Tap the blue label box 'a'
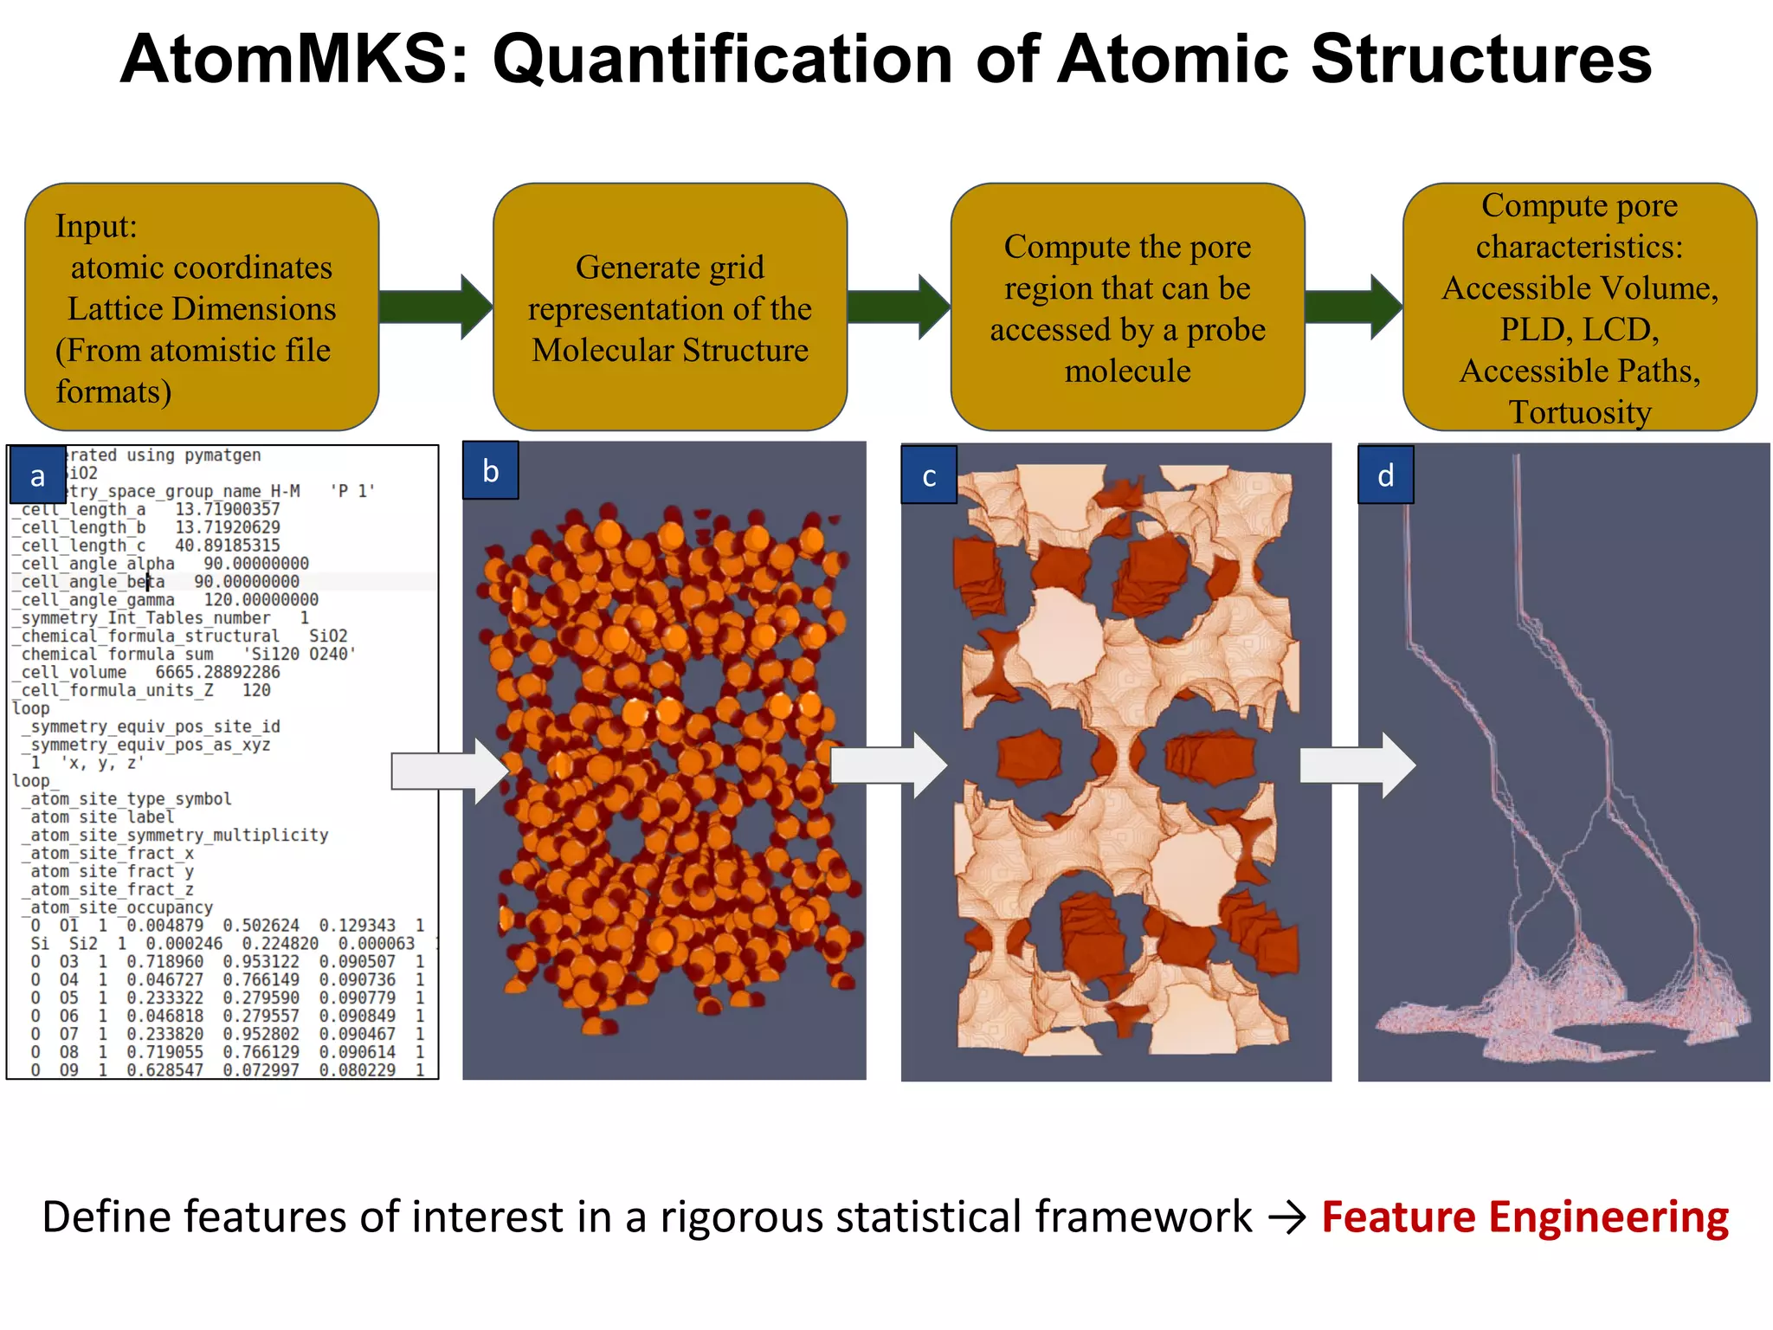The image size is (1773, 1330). coord(37,475)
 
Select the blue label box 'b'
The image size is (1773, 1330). coord(490,470)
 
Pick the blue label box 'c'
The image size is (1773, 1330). coord(929,475)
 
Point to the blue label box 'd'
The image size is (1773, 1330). coord(1385,475)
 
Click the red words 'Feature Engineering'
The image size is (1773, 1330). coord(1525,1217)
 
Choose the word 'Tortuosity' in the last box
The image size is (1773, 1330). coord(1580,412)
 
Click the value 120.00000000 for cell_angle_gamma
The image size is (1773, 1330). coord(261,600)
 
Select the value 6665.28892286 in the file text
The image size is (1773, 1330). coord(217,672)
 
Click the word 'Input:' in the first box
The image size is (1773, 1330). coord(96,226)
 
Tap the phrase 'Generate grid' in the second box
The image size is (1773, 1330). coord(669,267)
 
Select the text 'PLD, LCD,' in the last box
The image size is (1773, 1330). coord(1579,329)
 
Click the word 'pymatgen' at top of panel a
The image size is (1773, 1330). coord(222,455)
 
